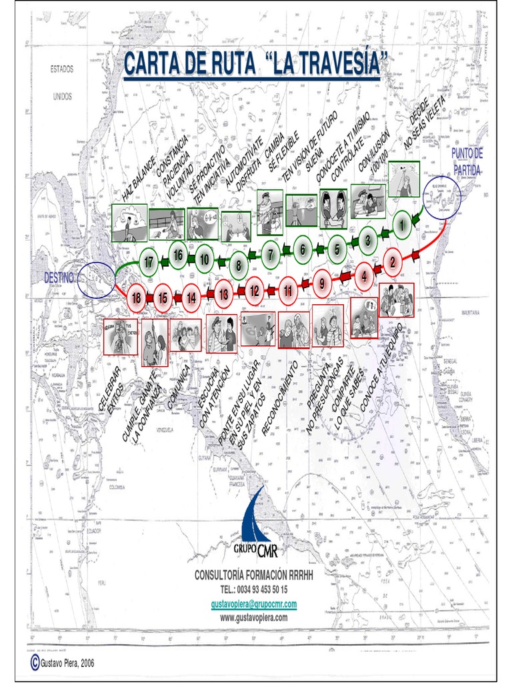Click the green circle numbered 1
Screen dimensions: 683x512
point(401,225)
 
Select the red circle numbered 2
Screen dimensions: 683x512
point(393,263)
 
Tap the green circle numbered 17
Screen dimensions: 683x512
point(149,263)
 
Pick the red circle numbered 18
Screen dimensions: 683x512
point(136,298)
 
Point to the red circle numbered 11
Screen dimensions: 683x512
point(287,290)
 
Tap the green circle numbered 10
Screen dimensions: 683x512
point(205,259)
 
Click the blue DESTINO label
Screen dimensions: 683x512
point(59,276)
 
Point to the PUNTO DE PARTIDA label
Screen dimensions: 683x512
point(467,161)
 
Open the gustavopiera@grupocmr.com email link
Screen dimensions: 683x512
point(253,604)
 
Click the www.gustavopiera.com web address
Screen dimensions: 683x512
point(253,618)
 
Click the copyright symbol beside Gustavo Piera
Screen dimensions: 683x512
point(34,662)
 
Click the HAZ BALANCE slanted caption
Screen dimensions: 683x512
point(139,179)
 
